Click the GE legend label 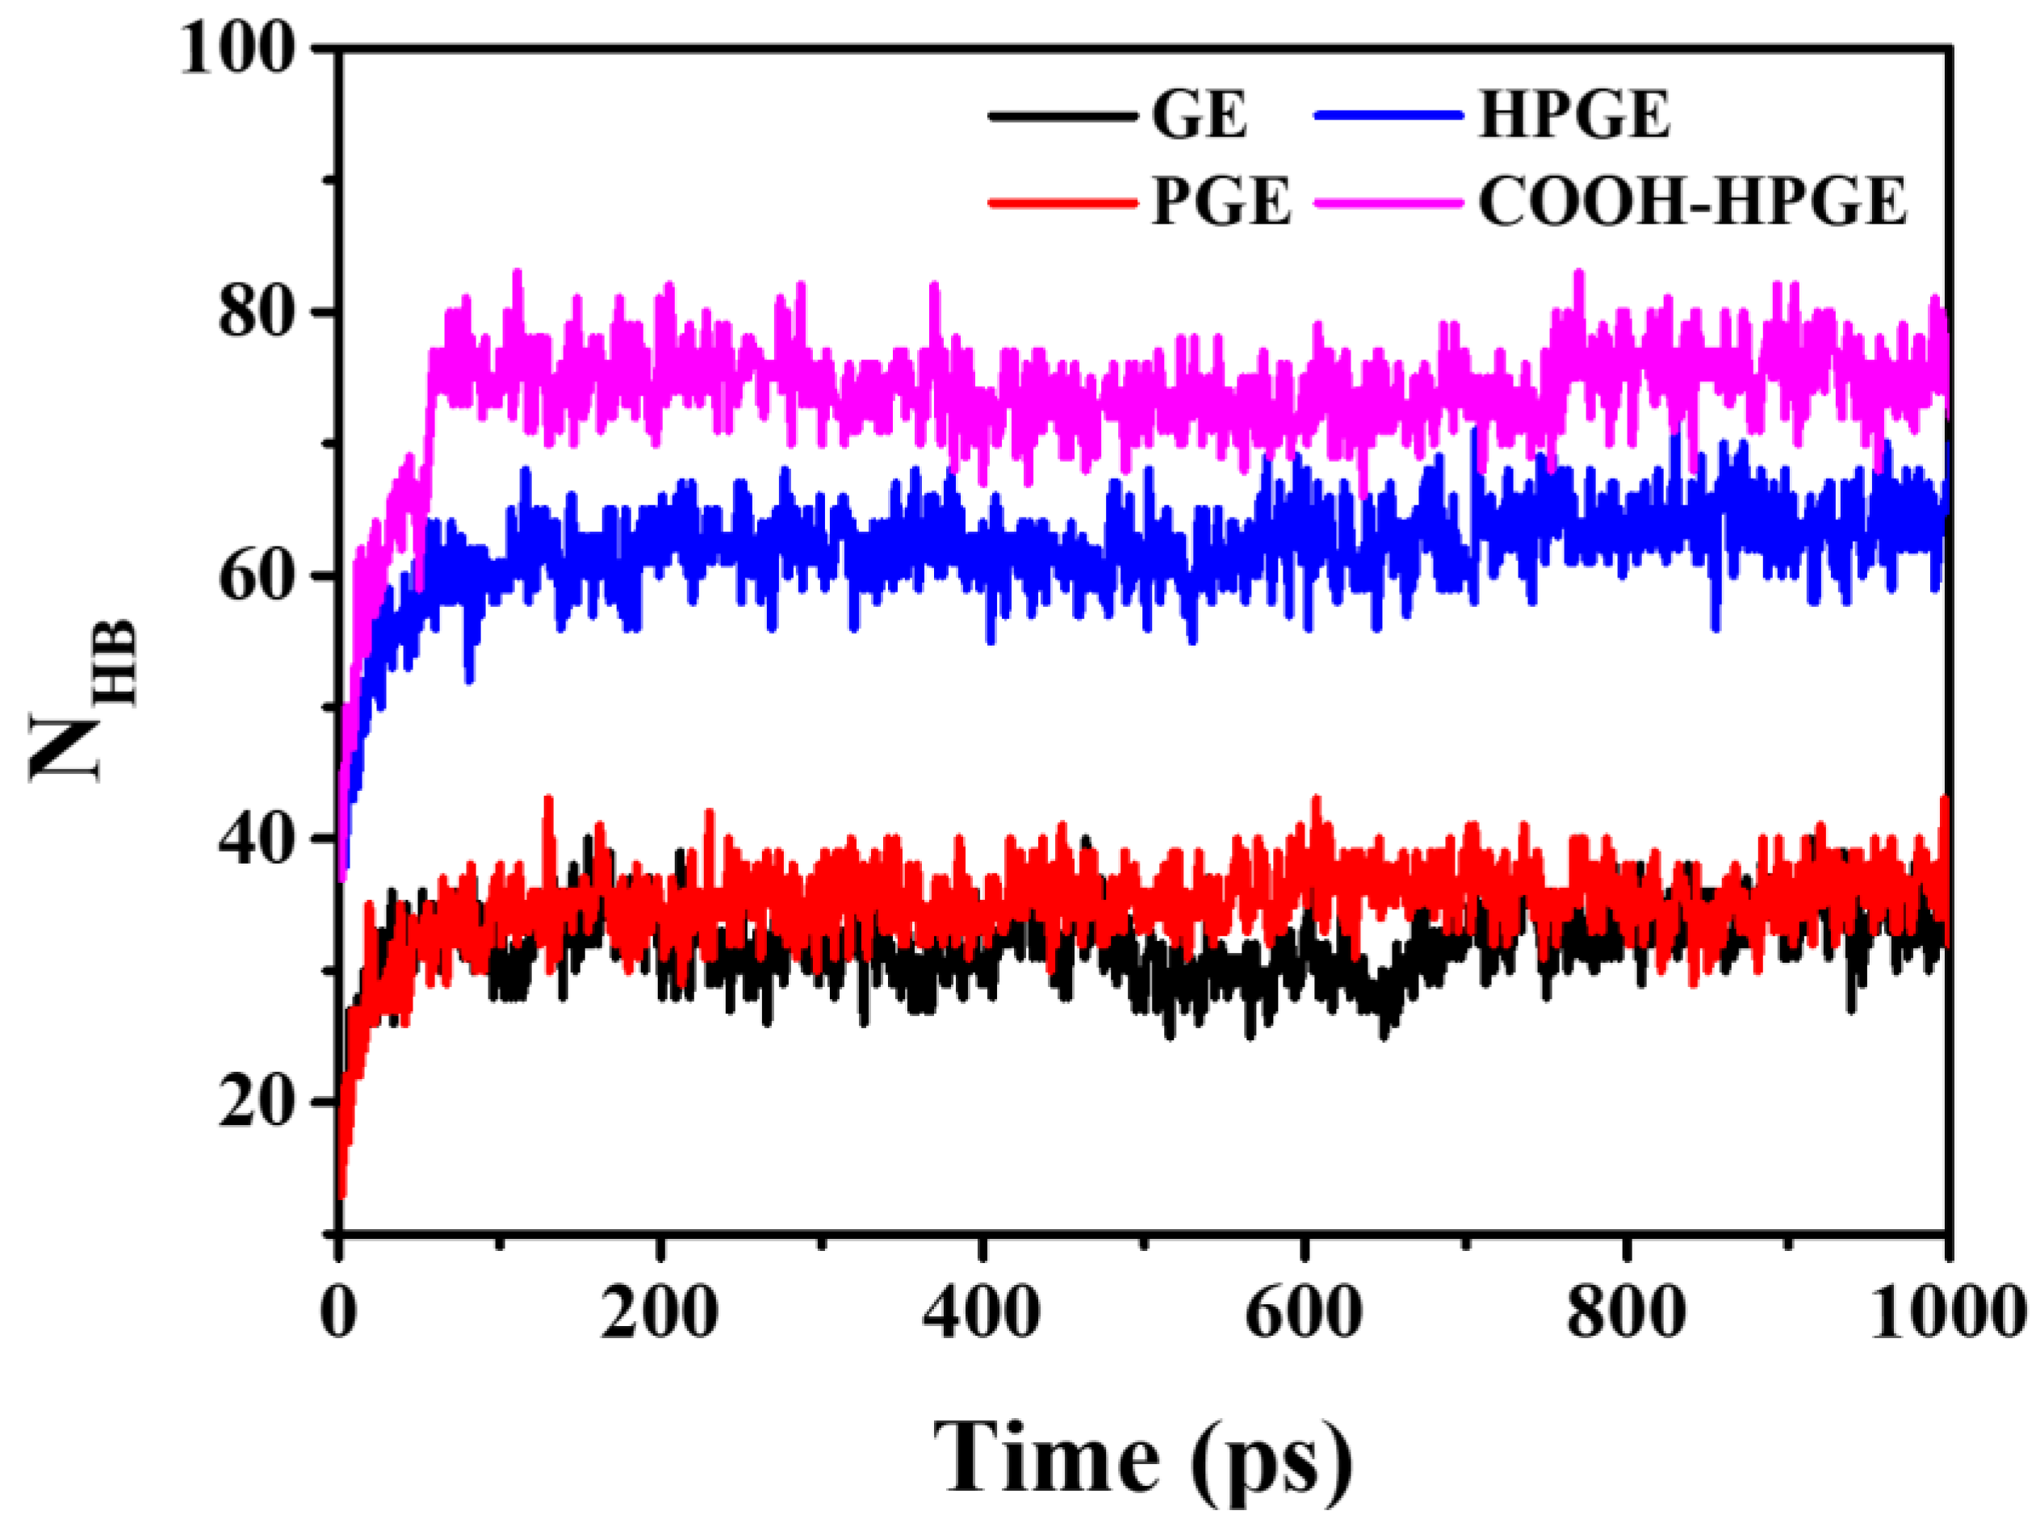tap(1199, 116)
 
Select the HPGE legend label tap(1574, 116)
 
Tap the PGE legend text tap(1221, 202)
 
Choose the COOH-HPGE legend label tap(1692, 202)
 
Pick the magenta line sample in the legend tap(1388, 202)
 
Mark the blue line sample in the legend tap(1388, 117)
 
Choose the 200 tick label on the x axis tap(660, 1312)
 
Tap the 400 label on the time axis tap(982, 1312)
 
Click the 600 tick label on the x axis tap(1303, 1312)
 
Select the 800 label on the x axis tap(1625, 1312)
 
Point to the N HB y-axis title tap(83, 701)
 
